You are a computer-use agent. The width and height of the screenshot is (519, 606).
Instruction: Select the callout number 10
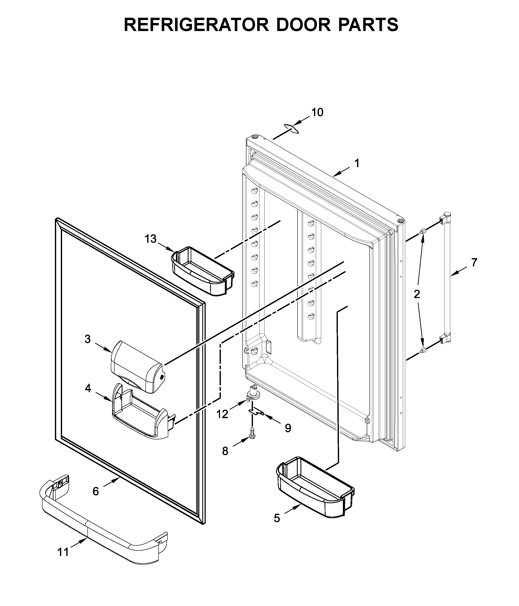coord(317,112)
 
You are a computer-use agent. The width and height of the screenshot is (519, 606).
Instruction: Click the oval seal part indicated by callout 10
coord(291,128)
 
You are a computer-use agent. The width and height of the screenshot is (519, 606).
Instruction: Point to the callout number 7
coord(474,262)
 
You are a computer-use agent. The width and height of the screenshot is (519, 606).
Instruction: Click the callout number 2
coord(417,294)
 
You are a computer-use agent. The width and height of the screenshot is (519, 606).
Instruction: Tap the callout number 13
coord(151,239)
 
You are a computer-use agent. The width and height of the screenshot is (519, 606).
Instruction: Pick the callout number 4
coord(88,388)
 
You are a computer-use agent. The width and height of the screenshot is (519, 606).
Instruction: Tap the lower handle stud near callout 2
coord(422,350)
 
